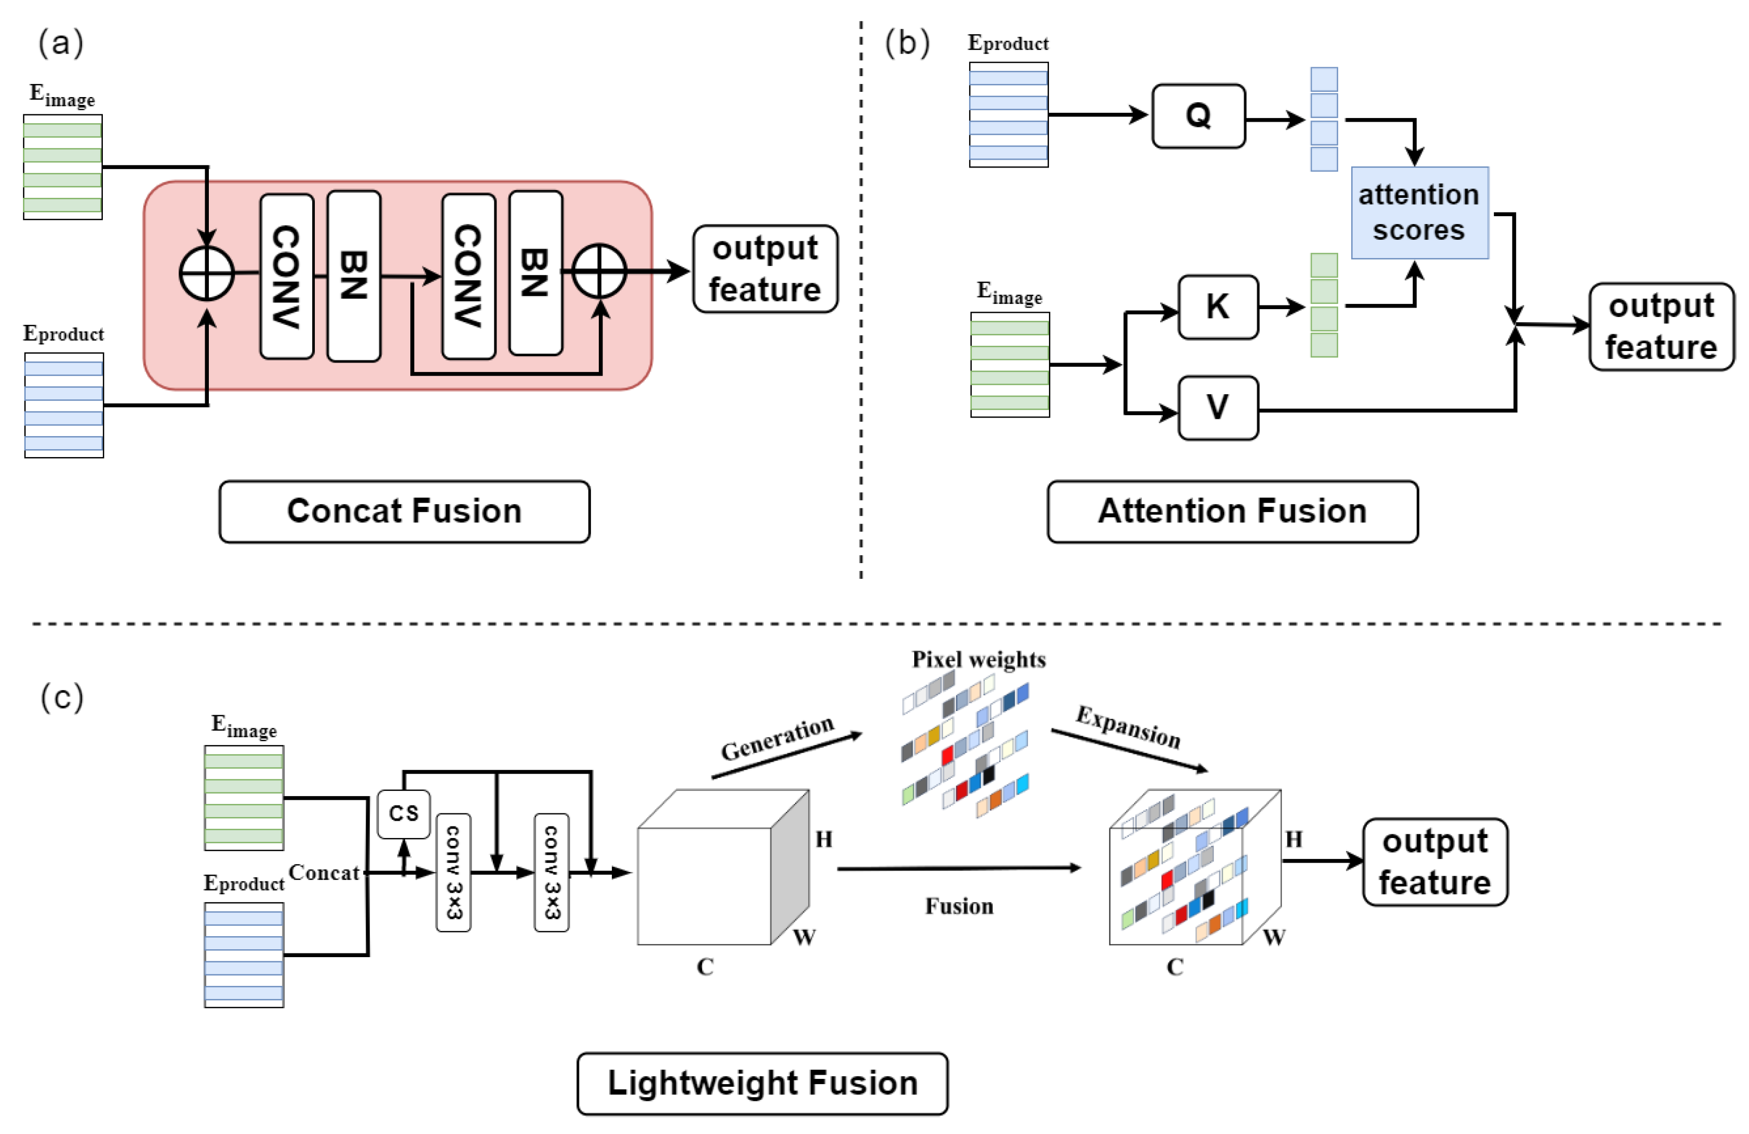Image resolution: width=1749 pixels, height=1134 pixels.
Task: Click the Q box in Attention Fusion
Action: point(1198,116)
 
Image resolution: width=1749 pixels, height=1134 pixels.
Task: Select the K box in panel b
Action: point(1217,307)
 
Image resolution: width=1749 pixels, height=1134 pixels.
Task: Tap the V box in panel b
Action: point(1217,408)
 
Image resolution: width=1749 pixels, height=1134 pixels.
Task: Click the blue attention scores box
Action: point(1419,213)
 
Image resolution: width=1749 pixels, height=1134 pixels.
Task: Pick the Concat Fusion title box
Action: point(404,512)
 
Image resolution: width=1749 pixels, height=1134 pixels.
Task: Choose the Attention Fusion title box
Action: point(1233,512)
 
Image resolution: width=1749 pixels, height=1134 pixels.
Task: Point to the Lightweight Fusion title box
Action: point(762,1083)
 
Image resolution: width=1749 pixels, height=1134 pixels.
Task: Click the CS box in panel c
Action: point(404,813)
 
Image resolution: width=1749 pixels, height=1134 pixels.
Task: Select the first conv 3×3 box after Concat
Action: point(453,872)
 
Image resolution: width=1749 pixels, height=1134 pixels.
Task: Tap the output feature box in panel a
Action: point(765,269)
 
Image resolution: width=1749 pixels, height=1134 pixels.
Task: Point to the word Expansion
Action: point(1128,727)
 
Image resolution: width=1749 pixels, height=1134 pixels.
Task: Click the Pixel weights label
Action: point(978,659)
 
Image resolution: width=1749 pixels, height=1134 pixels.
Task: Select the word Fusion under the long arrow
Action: point(959,906)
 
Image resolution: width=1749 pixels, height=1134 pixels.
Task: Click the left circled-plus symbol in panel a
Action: point(207,273)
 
